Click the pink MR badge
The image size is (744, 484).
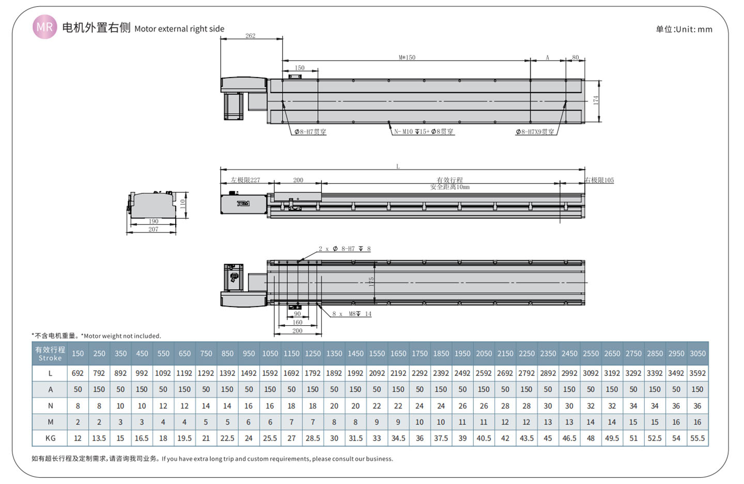pyautogui.click(x=44, y=27)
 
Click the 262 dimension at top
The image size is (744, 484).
pyautogui.click(x=250, y=36)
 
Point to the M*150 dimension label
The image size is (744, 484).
pyautogui.click(x=407, y=57)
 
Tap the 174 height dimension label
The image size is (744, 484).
pyautogui.click(x=596, y=100)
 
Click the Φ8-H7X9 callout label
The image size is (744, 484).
pyautogui.click(x=535, y=132)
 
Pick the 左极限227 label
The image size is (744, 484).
pyautogui.click(x=245, y=180)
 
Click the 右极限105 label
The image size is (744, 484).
pyautogui.click(x=599, y=180)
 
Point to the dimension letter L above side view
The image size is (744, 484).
pyautogui.click(x=398, y=167)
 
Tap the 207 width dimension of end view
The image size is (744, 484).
pyautogui.click(x=153, y=229)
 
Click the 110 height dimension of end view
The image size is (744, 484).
pyautogui.click(x=182, y=204)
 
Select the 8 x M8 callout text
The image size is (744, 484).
pyautogui.click(x=352, y=314)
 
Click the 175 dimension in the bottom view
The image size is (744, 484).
pyautogui.click(x=371, y=282)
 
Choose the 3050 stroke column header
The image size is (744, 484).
pyautogui.click(x=698, y=354)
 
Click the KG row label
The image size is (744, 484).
pyautogui.click(x=51, y=438)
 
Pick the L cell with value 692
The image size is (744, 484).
pyautogui.click(x=78, y=373)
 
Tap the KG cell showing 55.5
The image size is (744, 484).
pyautogui.click(x=698, y=438)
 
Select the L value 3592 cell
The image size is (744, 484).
pyautogui.click(x=698, y=373)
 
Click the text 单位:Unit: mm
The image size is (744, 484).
pyautogui.click(x=684, y=29)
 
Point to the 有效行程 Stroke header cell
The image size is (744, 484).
pyautogui.click(x=51, y=354)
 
